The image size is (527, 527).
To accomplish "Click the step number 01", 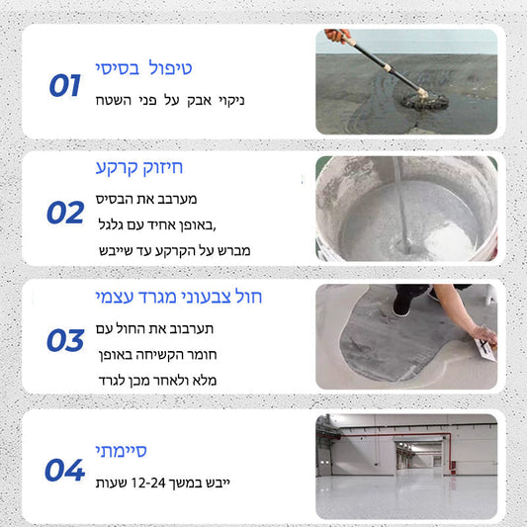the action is tap(65, 85).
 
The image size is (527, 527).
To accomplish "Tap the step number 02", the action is tap(65, 213).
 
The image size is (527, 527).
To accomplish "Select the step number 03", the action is tap(65, 340).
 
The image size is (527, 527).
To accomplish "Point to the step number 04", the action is tap(64, 470).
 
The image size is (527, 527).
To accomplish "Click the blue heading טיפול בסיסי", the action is tap(143, 68).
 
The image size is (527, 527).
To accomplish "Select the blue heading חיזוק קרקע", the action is tap(139, 167).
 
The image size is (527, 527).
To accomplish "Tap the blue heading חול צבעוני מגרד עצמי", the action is tap(178, 297).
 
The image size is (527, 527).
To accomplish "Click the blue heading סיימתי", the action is tap(121, 451).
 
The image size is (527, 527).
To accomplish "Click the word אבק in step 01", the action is tap(200, 101).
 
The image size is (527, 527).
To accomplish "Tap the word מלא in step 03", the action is tap(205, 381).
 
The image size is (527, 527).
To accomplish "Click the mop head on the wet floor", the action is tap(425, 101).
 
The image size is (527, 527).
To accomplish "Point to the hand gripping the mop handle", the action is tap(337, 35).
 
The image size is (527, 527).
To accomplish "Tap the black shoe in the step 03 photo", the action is tap(402, 306).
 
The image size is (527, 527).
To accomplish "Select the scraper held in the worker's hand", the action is tap(485, 350).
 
